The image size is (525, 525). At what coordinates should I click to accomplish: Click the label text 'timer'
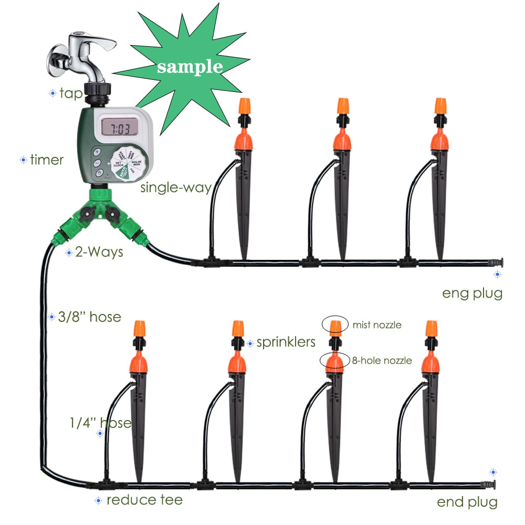coord(47,160)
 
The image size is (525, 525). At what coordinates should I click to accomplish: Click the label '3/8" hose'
coord(90,317)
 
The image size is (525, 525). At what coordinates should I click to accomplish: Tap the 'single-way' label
coord(175,187)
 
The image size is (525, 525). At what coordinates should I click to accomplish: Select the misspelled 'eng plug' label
coord(472,293)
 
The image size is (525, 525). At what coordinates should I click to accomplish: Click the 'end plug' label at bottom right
coord(467,502)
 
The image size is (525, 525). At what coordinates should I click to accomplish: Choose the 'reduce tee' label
coord(144,500)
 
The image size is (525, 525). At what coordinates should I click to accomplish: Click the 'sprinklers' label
coord(286,343)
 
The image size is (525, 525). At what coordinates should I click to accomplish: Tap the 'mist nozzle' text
coord(377,325)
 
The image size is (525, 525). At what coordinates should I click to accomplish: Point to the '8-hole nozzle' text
coord(382,361)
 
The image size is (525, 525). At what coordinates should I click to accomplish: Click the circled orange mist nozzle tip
coord(335,326)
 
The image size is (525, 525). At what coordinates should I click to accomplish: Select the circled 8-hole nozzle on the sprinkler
coord(335,362)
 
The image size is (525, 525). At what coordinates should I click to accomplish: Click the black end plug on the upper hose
coord(496,261)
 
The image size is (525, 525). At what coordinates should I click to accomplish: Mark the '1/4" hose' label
coord(100,423)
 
